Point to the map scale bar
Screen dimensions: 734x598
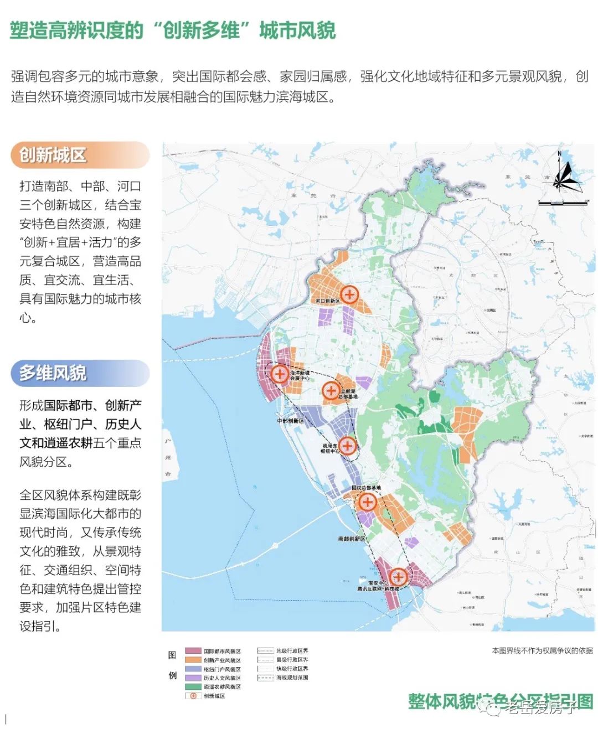point(563,203)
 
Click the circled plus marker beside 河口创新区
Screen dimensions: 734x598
point(349,294)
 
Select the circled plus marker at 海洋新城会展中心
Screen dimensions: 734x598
point(279,374)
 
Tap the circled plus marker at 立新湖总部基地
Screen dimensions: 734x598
point(331,390)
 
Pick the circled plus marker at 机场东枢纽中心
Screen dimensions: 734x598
point(347,445)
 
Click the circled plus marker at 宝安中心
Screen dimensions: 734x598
point(398,577)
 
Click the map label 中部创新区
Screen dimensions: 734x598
point(291,421)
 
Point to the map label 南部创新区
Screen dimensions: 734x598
point(352,538)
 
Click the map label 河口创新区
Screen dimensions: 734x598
point(327,301)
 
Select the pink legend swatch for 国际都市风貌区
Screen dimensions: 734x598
point(193,652)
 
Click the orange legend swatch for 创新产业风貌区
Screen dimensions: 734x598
point(193,660)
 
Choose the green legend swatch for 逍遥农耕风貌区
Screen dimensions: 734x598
point(193,687)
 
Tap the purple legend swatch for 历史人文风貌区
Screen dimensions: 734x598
point(193,678)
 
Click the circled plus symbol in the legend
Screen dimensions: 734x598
point(193,696)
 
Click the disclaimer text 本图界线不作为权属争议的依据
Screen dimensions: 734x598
point(542,651)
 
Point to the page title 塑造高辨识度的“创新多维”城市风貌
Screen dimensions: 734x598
point(173,30)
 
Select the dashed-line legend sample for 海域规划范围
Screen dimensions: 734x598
point(266,678)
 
